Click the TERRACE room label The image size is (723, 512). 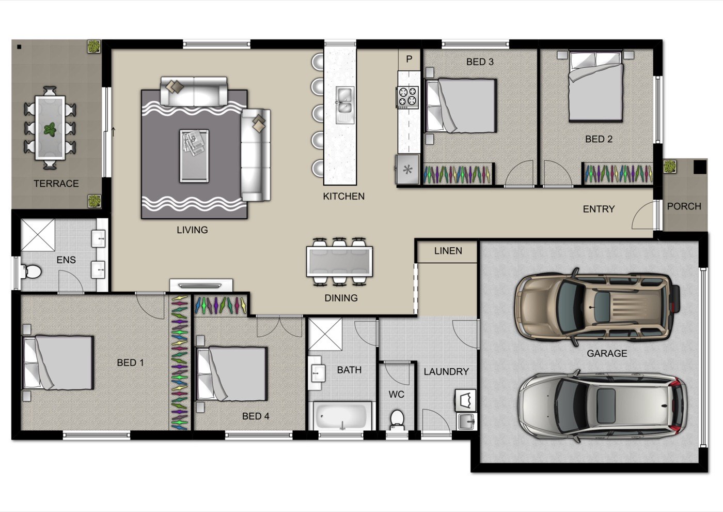coord(56,184)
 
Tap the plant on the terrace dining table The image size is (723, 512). coord(50,130)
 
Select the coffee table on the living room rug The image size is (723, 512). coord(194,156)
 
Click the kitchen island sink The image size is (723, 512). coord(344,104)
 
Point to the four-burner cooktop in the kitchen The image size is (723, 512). coord(407,97)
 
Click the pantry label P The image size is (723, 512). coord(409,59)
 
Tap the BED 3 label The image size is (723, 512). coord(480,62)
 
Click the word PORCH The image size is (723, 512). coord(684,206)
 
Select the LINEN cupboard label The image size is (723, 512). coord(448,251)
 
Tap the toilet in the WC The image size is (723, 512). coord(397,419)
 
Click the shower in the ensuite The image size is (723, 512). coord(38,235)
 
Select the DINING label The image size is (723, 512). coord(341,298)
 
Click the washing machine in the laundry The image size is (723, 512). coord(465,400)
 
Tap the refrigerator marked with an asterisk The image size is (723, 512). coord(407,170)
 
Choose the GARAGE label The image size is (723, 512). coord(607,354)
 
